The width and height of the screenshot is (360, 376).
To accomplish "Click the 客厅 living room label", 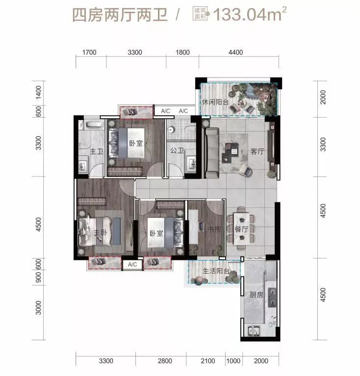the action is (257, 151).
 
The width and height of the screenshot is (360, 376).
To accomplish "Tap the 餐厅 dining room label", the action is (241, 229).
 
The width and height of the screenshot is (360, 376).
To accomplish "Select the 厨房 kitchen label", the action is (257, 295).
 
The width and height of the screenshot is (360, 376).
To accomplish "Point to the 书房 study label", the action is (214, 229).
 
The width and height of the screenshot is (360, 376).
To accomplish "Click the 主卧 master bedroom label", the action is (100, 232).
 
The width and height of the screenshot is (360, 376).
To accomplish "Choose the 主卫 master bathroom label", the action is (97, 151).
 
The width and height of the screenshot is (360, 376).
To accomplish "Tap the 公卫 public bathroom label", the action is (177, 150).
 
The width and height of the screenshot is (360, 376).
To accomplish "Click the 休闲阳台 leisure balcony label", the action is (215, 102).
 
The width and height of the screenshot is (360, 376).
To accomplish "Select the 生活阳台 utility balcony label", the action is (216, 271).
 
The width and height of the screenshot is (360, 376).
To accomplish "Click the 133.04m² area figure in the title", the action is (250, 14).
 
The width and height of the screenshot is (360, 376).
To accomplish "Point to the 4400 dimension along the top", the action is (235, 52).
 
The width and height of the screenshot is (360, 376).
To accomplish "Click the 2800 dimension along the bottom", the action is (165, 361).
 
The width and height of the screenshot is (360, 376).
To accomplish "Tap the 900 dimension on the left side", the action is (38, 277).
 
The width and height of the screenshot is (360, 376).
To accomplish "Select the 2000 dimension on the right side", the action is (323, 97).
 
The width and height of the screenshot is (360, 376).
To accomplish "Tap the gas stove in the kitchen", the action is (272, 298).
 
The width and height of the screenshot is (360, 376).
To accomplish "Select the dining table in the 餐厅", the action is (241, 229).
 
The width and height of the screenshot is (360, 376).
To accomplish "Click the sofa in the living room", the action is (211, 153).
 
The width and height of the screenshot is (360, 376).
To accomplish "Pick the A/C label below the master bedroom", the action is (132, 265).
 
